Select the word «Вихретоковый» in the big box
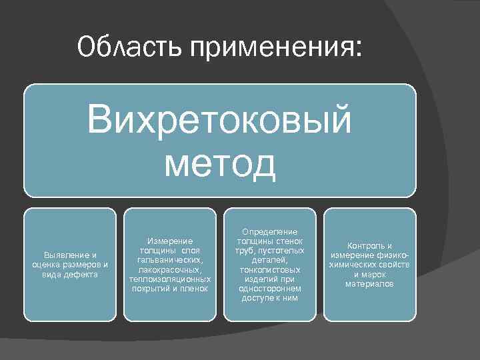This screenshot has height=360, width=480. click(219, 119)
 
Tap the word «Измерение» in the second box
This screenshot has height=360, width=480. click(170, 241)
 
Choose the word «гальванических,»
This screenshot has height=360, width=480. click(170, 260)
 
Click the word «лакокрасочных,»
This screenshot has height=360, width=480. click(170, 269)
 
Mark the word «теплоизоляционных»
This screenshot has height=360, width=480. click(170, 279)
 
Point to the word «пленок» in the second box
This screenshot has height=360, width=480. click(194, 289)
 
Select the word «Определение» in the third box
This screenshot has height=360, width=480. click(269, 231)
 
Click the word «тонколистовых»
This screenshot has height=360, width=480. click(269, 270)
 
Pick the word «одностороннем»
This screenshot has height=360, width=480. click(269, 289)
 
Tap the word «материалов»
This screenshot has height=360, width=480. click(369, 284)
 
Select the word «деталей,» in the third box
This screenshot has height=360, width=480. click(269, 260)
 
